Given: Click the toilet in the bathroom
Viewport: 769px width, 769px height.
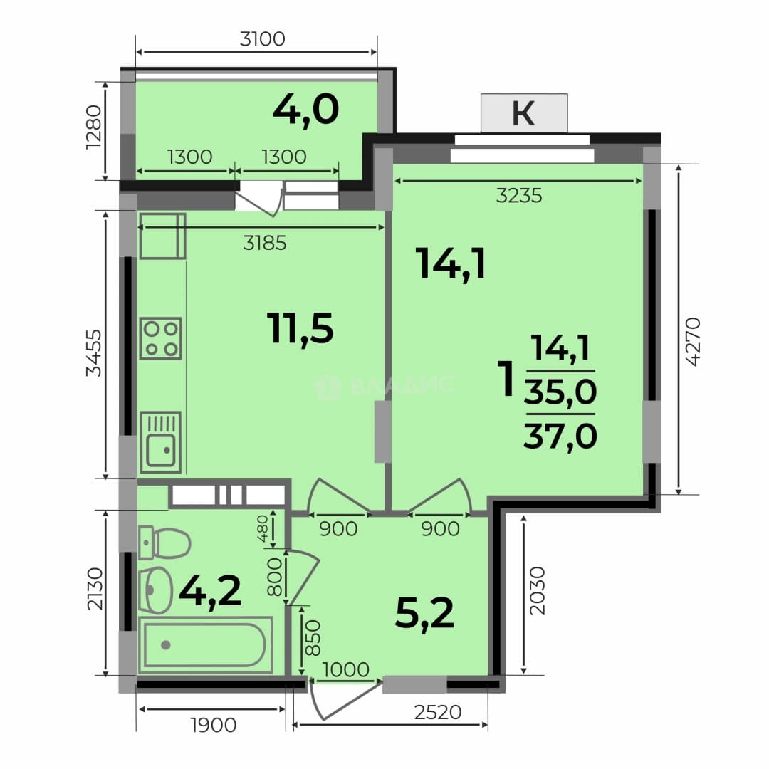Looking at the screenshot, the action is pyautogui.click(x=164, y=543).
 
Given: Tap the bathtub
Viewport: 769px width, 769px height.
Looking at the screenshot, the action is pyautogui.click(x=206, y=645).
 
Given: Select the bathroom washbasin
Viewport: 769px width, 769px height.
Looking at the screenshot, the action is pyautogui.click(x=155, y=590).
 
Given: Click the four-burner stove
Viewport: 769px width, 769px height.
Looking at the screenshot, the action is pyautogui.click(x=161, y=338).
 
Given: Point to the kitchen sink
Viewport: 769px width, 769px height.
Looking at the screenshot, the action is pyautogui.click(x=161, y=442).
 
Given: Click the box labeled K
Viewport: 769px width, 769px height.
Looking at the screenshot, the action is pyautogui.click(x=524, y=113).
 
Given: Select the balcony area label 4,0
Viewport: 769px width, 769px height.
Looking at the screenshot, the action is pyautogui.click(x=306, y=110).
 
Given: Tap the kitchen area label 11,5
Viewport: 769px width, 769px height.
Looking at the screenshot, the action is pyautogui.click(x=300, y=328).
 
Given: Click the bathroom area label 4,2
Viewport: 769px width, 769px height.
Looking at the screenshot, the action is pyautogui.click(x=210, y=592).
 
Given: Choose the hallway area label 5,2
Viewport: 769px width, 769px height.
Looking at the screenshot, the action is pyautogui.click(x=424, y=614).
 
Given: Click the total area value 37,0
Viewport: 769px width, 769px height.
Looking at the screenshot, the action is pyautogui.click(x=560, y=436).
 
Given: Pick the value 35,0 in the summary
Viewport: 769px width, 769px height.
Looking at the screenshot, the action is pyautogui.click(x=560, y=392).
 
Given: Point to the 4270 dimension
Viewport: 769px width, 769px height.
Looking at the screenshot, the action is pyautogui.click(x=694, y=342).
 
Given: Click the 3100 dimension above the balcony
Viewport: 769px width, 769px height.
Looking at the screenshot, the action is pyautogui.click(x=262, y=38).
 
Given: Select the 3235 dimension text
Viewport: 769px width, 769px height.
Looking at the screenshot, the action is pyautogui.click(x=519, y=196).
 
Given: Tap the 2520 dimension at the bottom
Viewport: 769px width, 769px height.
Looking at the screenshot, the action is pyautogui.click(x=438, y=712).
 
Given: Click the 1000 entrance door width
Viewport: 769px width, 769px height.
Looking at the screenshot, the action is pyautogui.click(x=346, y=669).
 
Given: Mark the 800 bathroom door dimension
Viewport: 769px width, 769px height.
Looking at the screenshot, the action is pyautogui.click(x=275, y=577).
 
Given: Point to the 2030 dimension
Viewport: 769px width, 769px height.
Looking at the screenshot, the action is pyautogui.click(x=538, y=591).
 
